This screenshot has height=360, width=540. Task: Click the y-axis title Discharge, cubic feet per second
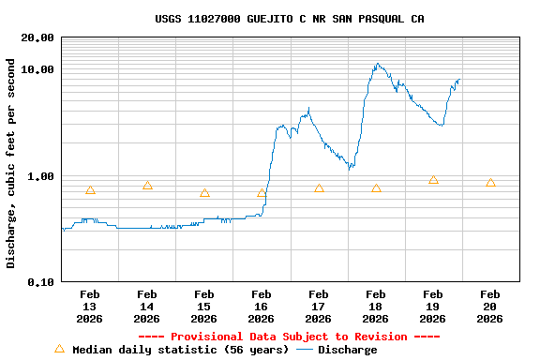(11, 163)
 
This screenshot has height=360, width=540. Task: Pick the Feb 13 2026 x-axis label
(90, 307)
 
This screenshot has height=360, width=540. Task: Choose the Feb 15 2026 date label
(204, 307)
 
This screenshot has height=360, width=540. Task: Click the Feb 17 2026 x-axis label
(319, 307)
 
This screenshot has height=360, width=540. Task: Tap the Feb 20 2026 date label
(490, 307)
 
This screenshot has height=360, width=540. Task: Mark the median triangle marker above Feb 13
(90, 190)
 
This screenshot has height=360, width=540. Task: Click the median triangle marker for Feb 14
(147, 186)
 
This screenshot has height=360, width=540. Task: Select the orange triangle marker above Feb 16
(262, 193)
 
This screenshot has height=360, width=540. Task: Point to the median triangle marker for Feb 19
(433, 180)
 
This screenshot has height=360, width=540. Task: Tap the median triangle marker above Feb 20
(490, 183)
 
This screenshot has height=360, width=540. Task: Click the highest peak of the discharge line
(377, 64)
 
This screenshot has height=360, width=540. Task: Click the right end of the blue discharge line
(459, 80)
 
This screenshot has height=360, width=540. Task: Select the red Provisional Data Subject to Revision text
(289, 337)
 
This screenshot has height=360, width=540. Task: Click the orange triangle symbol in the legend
(60, 349)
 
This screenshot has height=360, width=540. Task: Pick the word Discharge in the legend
(347, 350)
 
